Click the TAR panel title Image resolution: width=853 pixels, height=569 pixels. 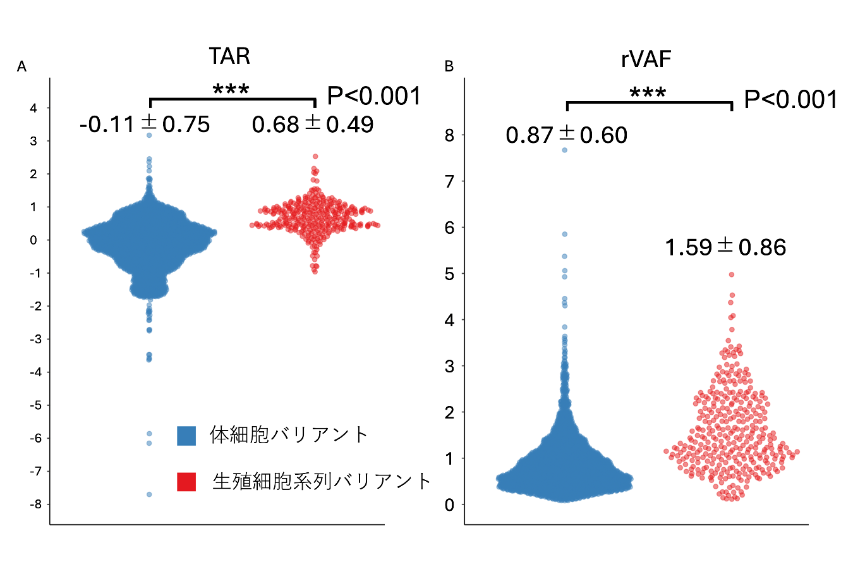click(229, 57)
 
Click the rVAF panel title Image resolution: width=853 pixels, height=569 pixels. click(646, 59)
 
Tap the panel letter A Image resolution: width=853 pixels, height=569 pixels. click(21, 67)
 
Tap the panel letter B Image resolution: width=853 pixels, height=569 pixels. click(449, 67)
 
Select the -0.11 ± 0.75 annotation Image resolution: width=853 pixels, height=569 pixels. click(145, 125)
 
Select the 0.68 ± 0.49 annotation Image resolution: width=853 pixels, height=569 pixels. click(313, 125)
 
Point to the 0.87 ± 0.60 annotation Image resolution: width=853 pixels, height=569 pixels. click(567, 135)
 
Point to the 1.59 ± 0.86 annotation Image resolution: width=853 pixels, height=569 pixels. click(725, 247)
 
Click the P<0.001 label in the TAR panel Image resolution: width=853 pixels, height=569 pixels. click(374, 96)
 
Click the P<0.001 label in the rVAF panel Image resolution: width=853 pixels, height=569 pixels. click(791, 100)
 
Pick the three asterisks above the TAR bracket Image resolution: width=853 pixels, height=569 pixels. click(231, 90)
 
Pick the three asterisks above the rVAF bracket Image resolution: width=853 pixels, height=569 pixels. click(648, 94)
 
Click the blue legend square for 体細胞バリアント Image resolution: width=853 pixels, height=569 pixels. click(186, 436)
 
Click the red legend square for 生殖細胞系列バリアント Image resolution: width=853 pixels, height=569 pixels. click(186, 482)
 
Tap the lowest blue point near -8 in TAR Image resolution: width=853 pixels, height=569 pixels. click(149, 494)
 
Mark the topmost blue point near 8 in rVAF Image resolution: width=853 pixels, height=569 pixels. click(565, 150)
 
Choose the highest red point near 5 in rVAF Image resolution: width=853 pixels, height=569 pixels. click(732, 274)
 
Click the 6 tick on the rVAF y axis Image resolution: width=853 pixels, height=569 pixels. click(449, 228)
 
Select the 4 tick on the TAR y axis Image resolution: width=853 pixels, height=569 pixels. click(33, 108)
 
